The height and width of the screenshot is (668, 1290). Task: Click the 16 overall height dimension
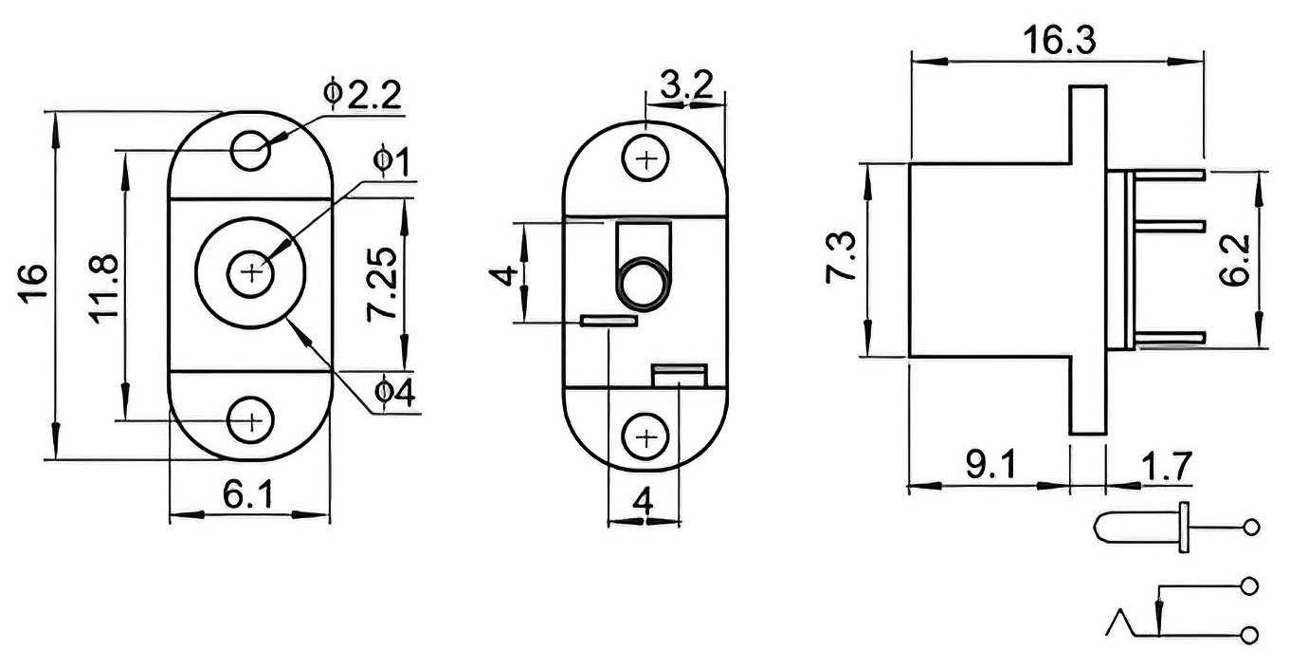click(x=33, y=284)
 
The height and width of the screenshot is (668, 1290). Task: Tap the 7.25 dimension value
click(x=382, y=284)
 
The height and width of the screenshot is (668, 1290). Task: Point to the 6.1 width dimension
click(x=248, y=494)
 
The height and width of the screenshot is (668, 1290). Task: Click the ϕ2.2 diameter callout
click(x=362, y=93)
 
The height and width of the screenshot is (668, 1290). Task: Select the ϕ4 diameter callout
click(x=394, y=393)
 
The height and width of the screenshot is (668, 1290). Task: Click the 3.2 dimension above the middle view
click(x=686, y=85)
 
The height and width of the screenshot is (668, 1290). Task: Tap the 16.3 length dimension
click(x=1059, y=41)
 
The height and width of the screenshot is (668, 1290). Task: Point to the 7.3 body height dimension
click(x=840, y=256)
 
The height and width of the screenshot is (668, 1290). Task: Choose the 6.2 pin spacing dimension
click(x=1235, y=261)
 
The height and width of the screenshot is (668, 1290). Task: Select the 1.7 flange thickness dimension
click(x=1166, y=466)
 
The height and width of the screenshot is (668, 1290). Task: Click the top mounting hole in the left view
click(x=250, y=150)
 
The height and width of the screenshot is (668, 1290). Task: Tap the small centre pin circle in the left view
click(x=250, y=272)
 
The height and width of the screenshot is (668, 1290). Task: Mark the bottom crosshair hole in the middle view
click(x=646, y=438)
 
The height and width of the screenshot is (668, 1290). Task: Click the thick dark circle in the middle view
click(x=644, y=284)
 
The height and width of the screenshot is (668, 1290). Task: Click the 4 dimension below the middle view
click(x=644, y=501)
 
